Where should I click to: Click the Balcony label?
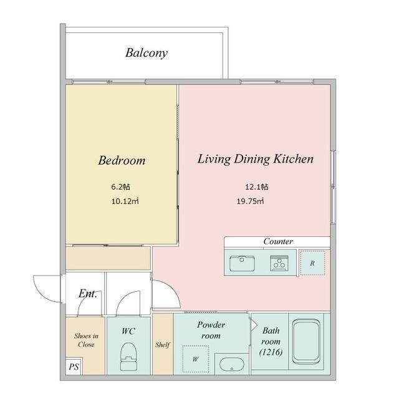[x=147, y=53]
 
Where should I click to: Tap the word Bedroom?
[x=122, y=160]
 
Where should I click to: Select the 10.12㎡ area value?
[x=125, y=201]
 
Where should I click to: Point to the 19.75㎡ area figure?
[x=250, y=201]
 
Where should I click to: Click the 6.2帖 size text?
[x=120, y=187]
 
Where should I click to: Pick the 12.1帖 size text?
[x=256, y=187]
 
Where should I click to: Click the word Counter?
[x=278, y=241]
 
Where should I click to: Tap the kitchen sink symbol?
[x=242, y=263]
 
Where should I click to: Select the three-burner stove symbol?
[x=279, y=263]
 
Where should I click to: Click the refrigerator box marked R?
[x=312, y=263]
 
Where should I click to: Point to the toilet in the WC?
[x=128, y=357]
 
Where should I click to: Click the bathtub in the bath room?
[x=306, y=342]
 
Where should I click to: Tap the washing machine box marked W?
[x=195, y=359]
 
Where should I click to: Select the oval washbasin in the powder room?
[x=231, y=364]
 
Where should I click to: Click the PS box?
[x=74, y=367]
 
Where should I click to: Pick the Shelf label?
[x=163, y=345]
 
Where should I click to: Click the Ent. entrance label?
[x=87, y=294]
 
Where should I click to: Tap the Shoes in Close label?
[x=86, y=340]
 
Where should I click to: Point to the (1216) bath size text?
[x=271, y=352]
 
